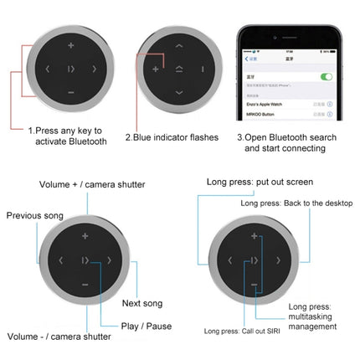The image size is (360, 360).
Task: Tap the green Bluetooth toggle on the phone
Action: pos(326,76)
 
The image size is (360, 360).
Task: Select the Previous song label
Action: pos(35,216)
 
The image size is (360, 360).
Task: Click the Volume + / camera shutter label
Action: pos(92,184)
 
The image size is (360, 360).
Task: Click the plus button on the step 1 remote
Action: pos(70,45)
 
